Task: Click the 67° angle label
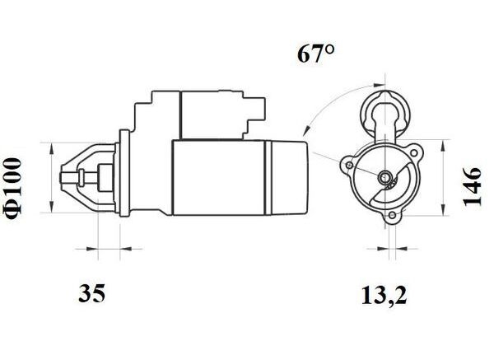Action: click(315, 54)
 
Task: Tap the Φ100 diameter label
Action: click(13, 188)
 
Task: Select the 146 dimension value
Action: click(472, 187)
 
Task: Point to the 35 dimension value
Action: click(91, 292)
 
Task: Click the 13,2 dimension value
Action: click(384, 296)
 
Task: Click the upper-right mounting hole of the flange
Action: click(414, 153)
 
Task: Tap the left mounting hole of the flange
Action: click(349, 166)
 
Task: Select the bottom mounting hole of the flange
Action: click(392, 215)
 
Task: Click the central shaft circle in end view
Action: click(384, 177)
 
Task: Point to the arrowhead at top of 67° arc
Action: click(379, 85)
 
